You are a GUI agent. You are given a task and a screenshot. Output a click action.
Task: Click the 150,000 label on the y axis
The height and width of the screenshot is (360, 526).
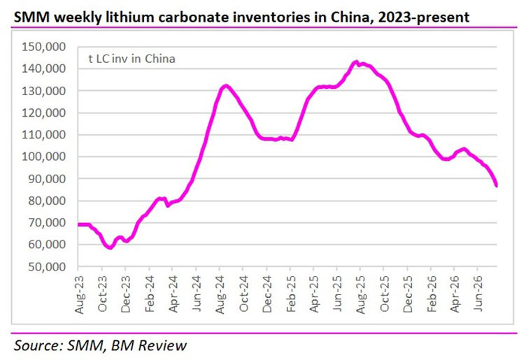(44, 47)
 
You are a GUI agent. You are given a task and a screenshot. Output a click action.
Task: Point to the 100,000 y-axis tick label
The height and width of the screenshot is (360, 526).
(44, 157)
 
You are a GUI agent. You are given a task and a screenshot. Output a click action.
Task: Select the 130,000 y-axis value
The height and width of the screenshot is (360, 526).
(44, 91)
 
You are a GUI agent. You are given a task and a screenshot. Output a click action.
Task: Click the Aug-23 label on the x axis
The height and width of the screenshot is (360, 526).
(79, 295)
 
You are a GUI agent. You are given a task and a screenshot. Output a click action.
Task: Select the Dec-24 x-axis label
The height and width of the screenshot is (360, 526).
(267, 294)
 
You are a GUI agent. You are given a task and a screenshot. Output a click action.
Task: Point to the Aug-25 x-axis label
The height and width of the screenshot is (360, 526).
(361, 295)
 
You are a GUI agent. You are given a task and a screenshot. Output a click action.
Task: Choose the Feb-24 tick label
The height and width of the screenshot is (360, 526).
(150, 294)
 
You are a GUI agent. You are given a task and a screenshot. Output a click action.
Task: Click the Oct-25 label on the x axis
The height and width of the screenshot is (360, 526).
(385, 294)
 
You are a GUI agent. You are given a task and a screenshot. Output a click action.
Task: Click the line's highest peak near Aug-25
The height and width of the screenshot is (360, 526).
(356, 62)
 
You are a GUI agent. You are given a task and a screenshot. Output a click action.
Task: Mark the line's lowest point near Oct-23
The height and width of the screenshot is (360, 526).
(111, 248)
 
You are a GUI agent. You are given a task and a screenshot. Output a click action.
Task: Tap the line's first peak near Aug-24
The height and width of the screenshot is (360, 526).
(226, 86)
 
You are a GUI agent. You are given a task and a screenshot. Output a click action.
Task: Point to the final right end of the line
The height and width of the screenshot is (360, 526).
(497, 185)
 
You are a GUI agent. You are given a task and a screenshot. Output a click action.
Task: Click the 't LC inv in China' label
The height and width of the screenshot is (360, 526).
(131, 59)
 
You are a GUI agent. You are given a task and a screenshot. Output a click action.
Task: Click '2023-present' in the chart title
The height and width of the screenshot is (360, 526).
(424, 17)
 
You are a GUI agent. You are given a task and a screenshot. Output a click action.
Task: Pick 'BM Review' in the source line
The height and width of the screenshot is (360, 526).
(148, 345)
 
